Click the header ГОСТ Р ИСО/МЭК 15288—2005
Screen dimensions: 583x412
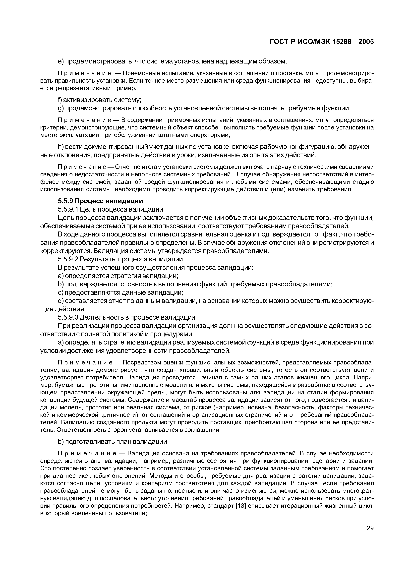322,42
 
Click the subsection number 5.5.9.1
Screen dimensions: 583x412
67,209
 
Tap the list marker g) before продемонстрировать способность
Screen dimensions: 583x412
60,108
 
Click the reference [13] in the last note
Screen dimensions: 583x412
240,506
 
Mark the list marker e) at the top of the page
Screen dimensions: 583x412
60,61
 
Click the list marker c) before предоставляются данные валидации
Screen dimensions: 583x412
60,292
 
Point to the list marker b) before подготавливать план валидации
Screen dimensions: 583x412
60,442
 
